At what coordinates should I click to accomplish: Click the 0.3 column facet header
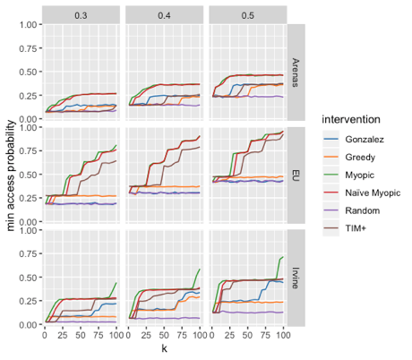[82, 13]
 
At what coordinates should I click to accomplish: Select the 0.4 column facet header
[164, 13]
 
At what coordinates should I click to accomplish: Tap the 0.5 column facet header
[246, 13]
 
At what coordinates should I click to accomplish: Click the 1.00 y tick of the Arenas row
[30, 24]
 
